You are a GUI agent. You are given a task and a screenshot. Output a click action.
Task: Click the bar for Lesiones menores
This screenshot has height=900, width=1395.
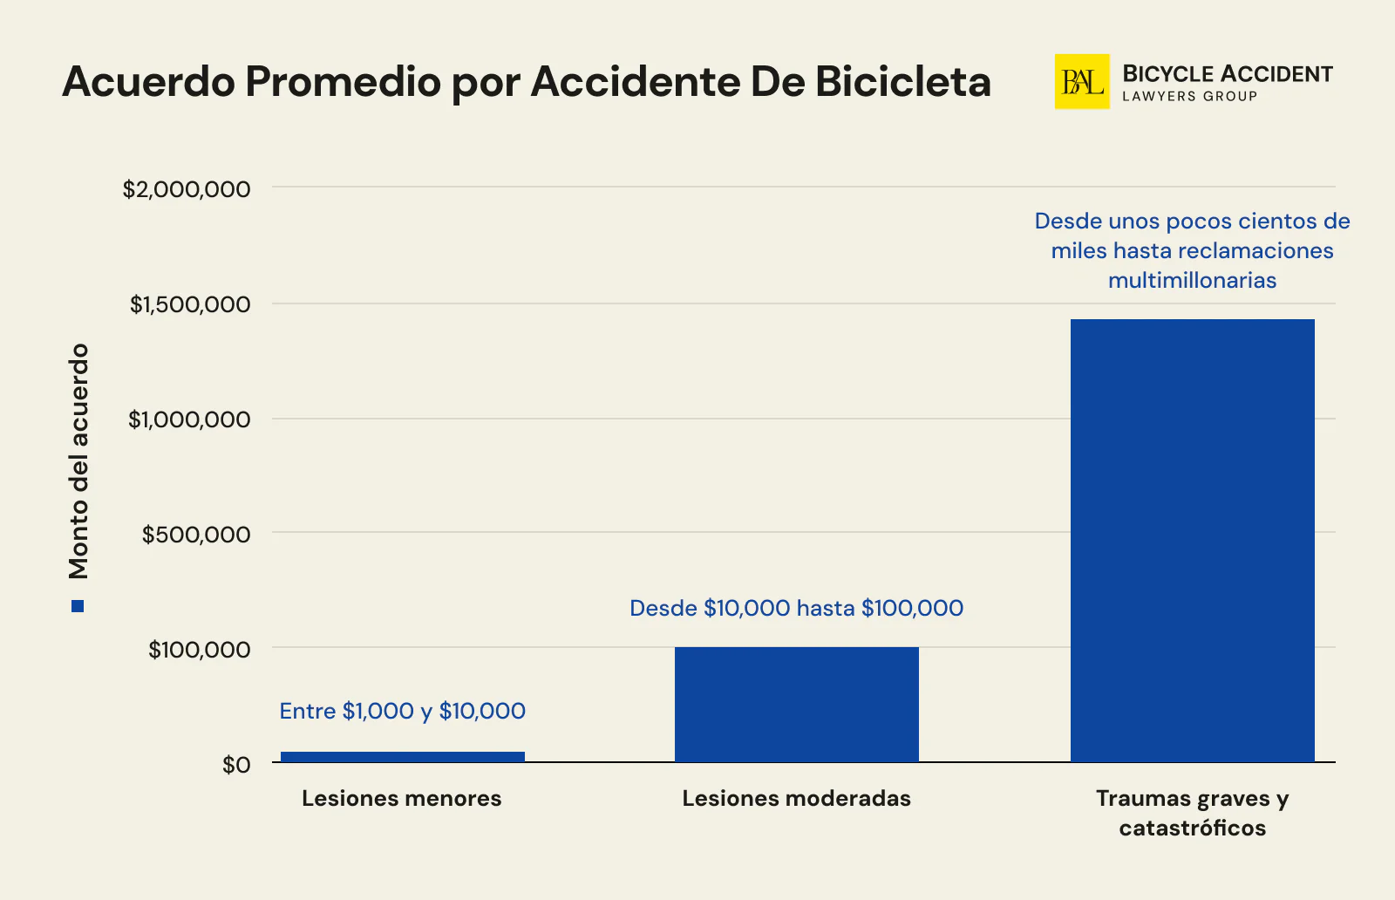click(402, 757)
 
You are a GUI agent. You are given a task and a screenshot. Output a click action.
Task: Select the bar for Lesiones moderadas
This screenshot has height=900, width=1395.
click(796, 705)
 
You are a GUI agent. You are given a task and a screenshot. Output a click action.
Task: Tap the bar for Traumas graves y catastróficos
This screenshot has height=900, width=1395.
click(1192, 541)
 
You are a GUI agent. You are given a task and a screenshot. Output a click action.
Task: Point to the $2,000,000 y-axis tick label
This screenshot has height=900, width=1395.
click(187, 189)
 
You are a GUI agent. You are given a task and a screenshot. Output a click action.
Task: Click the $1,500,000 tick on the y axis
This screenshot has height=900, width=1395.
click(190, 304)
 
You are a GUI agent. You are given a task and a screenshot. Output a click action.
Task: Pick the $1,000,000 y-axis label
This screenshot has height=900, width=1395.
click(189, 419)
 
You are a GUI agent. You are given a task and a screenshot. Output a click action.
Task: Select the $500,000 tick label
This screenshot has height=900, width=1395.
click(196, 535)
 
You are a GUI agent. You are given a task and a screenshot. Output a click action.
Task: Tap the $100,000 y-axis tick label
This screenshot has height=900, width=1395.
click(199, 650)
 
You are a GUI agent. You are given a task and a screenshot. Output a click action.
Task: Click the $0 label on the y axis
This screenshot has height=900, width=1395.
click(235, 765)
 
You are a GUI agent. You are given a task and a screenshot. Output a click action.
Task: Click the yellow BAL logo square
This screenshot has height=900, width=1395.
click(1081, 82)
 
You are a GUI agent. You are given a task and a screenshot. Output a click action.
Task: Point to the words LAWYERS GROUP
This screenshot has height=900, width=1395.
click(1189, 97)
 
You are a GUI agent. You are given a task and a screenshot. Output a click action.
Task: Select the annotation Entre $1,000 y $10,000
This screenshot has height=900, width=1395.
click(402, 712)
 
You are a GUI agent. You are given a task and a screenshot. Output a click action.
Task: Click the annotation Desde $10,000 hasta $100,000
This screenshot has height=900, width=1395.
click(796, 608)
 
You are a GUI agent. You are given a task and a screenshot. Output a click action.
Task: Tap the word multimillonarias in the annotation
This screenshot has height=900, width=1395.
click(1192, 281)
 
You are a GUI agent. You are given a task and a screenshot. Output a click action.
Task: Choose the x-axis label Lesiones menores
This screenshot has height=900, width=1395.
click(401, 798)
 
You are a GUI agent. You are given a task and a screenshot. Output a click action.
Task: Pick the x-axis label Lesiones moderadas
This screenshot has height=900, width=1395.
click(796, 798)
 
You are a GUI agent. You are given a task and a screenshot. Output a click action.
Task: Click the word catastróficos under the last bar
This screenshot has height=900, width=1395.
click(1192, 828)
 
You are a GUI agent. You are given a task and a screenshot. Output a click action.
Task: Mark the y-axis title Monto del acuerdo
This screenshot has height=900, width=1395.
click(78, 460)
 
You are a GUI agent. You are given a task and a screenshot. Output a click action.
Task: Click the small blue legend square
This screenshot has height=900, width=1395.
click(78, 606)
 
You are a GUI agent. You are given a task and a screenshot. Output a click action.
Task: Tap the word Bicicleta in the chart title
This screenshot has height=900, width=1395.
click(903, 82)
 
